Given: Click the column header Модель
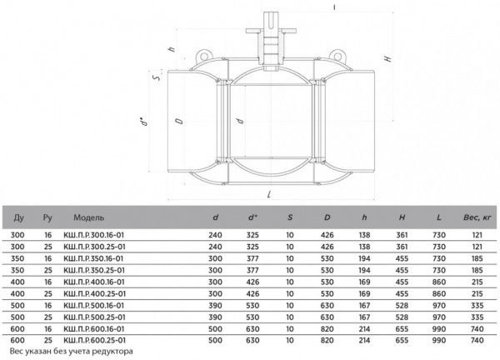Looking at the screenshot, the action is point(88,217).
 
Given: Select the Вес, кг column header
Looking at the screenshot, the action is point(477,217).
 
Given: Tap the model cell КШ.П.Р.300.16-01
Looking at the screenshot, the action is point(93,235).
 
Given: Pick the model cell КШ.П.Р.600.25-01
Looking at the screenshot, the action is point(95,341).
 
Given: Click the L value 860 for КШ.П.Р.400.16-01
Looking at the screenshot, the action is point(439,282).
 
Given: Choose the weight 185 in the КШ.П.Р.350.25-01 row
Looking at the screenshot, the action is point(477,270).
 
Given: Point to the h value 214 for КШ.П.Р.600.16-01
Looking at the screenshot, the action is point(364,329).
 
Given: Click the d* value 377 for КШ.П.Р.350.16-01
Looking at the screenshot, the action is point(252,258).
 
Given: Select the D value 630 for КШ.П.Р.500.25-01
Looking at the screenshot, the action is point(327,317).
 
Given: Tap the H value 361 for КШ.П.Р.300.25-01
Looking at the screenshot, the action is point(402,247).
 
